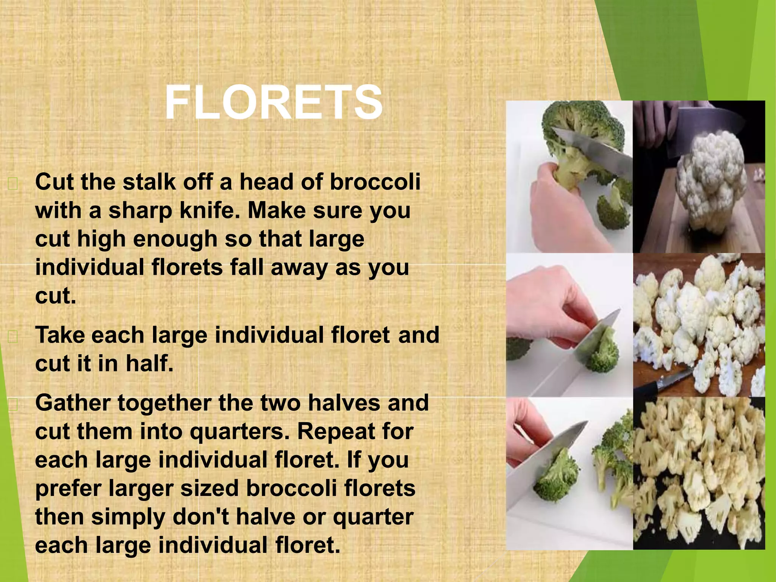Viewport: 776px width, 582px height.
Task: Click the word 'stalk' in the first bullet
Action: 149,182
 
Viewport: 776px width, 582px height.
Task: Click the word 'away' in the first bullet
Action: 299,268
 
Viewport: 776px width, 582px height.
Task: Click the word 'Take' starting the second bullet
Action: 59,335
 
